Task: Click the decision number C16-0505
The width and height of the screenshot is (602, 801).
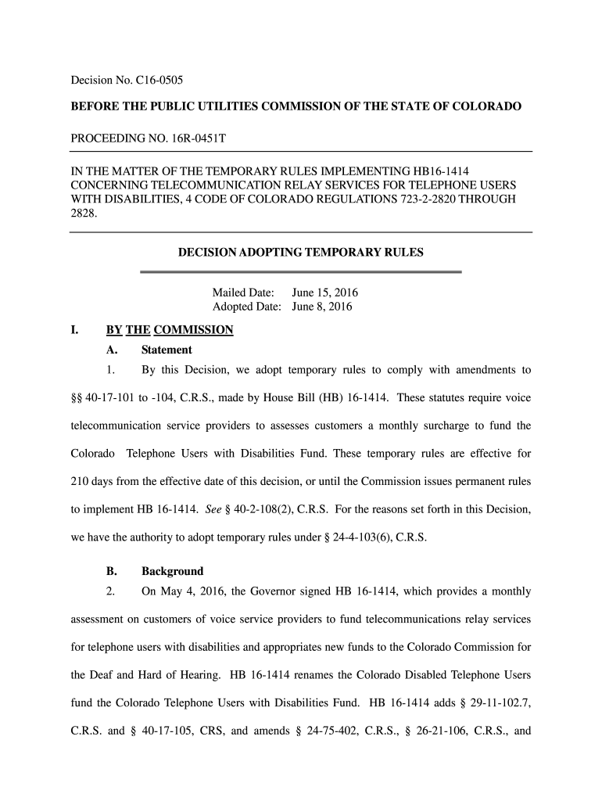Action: click(x=159, y=80)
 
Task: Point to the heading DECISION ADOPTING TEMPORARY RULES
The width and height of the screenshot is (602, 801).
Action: click(x=301, y=253)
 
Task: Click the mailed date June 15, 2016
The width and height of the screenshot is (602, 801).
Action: click(x=324, y=293)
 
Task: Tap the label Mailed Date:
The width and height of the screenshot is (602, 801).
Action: click(x=243, y=293)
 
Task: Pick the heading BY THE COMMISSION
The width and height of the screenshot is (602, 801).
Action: click(x=170, y=329)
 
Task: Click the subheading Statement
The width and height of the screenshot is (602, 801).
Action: click(x=167, y=350)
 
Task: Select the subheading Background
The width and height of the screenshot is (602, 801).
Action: click(x=172, y=571)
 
